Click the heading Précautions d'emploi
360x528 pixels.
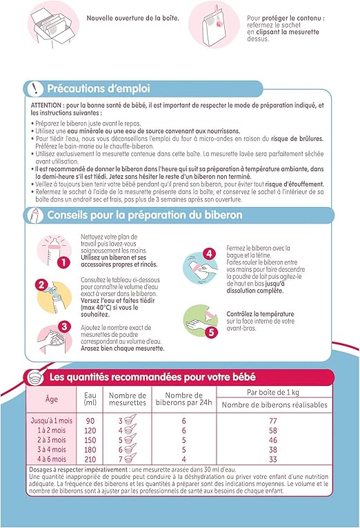(x=98, y=88)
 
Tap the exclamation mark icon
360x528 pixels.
(x=32, y=88)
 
